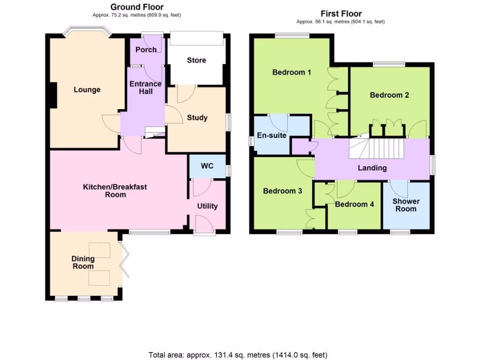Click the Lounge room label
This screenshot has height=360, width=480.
click(x=87, y=90)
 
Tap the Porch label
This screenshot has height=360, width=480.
click(x=146, y=50)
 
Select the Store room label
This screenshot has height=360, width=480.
click(x=196, y=60)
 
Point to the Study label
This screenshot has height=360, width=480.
click(x=197, y=118)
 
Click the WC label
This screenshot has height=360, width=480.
click(x=207, y=166)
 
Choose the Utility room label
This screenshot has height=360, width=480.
click(x=207, y=206)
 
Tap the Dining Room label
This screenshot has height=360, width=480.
click(x=83, y=262)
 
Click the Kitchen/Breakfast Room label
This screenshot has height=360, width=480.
click(x=115, y=190)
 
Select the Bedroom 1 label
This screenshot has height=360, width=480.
click(x=292, y=72)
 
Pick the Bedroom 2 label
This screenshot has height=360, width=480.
click(x=390, y=95)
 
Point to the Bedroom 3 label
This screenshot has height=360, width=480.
click(x=282, y=191)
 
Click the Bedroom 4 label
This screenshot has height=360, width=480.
click(x=354, y=204)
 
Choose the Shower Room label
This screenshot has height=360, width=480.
click(x=406, y=205)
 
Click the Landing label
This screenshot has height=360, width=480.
click(x=372, y=168)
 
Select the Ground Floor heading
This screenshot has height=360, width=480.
click(x=137, y=7)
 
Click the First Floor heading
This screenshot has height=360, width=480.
click(x=341, y=14)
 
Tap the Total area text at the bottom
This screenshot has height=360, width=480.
click(x=238, y=354)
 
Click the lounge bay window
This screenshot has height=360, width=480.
click(x=87, y=33)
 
